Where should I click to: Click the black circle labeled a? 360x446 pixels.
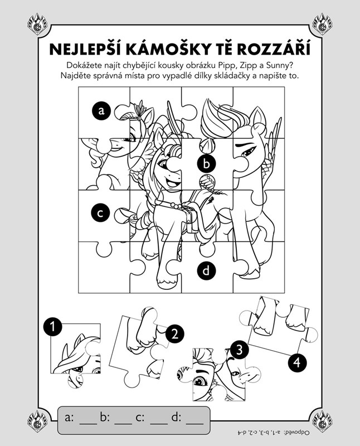[101, 110]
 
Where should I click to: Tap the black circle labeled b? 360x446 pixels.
[206, 164]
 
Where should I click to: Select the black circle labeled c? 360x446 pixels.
[101, 213]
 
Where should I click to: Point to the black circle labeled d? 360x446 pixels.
[206, 270]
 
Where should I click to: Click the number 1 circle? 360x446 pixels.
[52, 327]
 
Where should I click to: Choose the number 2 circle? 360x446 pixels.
[174, 334]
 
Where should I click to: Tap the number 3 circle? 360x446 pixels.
[239, 350]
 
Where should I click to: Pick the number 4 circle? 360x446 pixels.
[297, 362]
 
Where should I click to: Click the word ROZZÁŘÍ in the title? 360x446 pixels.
[273, 49]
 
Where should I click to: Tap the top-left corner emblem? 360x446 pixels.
[37, 24]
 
